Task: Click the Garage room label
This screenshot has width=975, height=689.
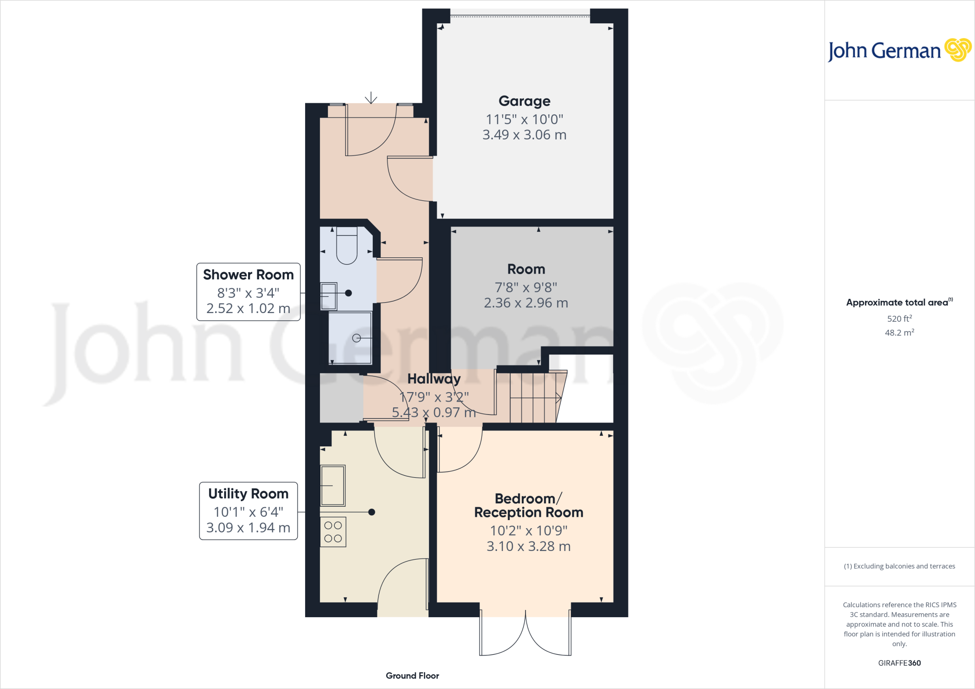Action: tap(524, 101)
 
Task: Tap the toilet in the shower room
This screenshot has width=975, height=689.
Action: tap(347, 246)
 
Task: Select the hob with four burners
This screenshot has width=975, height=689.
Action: tap(333, 532)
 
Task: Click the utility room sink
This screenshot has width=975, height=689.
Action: tap(332, 485)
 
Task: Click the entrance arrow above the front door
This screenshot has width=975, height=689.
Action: tap(371, 98)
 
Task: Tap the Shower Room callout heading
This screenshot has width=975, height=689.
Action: tap(248, 275)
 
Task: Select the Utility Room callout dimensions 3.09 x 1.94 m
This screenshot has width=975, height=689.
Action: tap(248, 528)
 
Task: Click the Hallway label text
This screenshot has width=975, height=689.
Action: tap(434, 379)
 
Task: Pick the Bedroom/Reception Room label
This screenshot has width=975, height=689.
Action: tap(528, 505)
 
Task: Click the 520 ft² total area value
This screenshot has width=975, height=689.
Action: tap(899, 318)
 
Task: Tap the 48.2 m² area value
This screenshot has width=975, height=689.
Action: tap(899, 333)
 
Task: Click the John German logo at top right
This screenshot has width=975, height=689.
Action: tap(899, 50)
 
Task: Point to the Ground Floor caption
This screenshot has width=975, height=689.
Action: tap(412, 676)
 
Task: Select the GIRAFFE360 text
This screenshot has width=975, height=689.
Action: tap(899, 663)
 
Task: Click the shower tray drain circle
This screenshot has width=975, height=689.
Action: tap(356, 338)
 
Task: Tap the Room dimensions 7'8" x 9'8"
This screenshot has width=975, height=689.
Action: tap(526, 287)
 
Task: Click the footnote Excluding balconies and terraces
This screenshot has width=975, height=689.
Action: tap(899, 566)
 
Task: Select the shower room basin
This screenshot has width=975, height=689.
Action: tap(328, 296)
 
